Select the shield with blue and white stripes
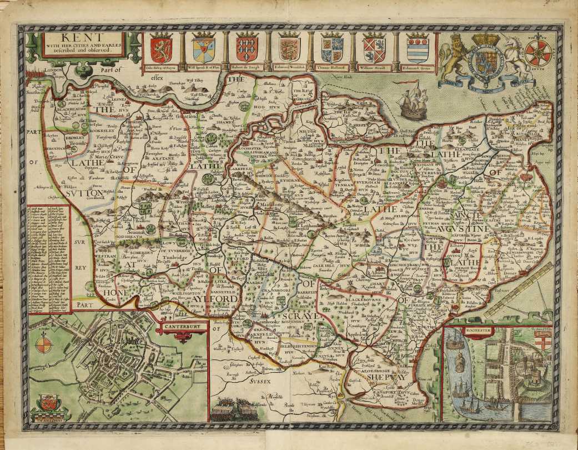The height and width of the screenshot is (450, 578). point(418,49)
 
